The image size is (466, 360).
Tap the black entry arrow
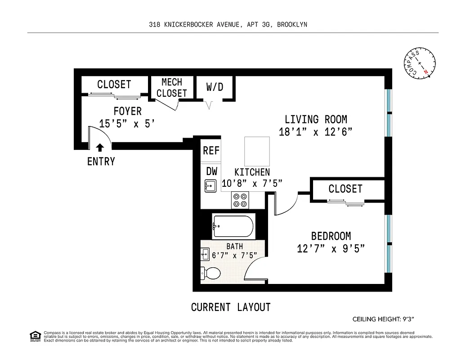pyautogui.click(x=100, y=147)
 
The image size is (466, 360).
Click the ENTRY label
pyautogui.click(x=101, y=161)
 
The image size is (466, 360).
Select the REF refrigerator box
pyautogui.click(x=211, y=150)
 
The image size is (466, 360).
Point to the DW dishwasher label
pyautogui.click(x=211, y=171)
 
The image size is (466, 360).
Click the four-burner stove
pyautogui.click(x=241, y=200)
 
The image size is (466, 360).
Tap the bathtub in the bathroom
pyautogui.click(x=233, y=227)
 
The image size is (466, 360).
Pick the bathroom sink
pyautogui.click(x=205, y=254)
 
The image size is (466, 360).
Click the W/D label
pyautogui.click(x=215, y=86)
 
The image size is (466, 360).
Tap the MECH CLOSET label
pyautogui.click(x=172, y=88)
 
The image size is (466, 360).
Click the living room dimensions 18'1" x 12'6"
pyautogui.click(x=315, y=132)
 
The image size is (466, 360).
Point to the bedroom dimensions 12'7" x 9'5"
pyautogui.click(x=331, y=248)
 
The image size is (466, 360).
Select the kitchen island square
pyautogui.click(x=256, y=151)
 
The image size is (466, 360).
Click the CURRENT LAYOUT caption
pyautogui.click(x=231, y=307)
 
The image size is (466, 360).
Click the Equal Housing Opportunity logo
pyautogui.click(x=34, y=336)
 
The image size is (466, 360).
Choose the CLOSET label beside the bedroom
pyautogui.click(x=345, y=189)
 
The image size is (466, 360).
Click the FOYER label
pyautogui.click(x=128, y=111)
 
